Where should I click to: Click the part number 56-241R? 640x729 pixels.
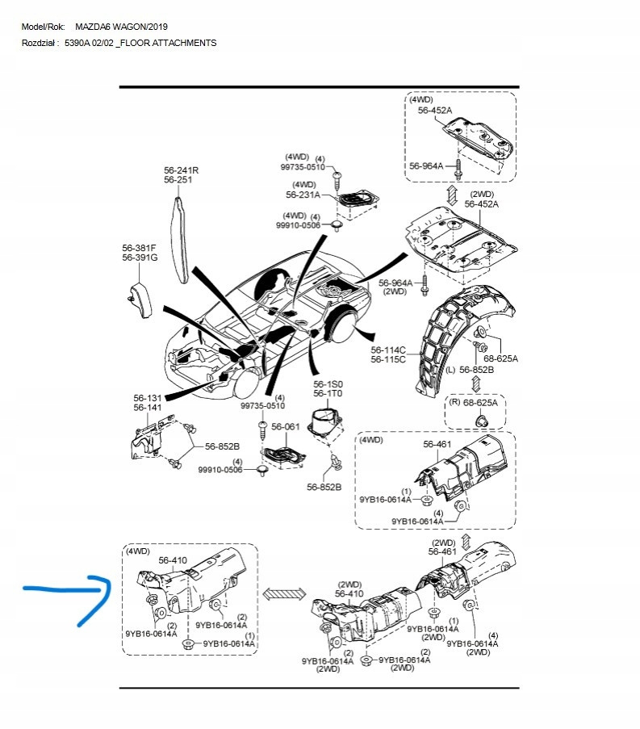tap(182, 170)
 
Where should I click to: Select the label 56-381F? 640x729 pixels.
tap(139, 249)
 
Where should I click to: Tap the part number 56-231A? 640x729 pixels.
tap(303, 195)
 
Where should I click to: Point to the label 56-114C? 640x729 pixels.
tap(388, 350)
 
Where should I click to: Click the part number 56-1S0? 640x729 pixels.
tap(328, 384)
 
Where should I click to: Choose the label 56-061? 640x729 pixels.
tap(286, 426)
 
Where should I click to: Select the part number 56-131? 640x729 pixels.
tap(148, 398)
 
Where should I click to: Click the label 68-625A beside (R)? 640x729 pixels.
tap(480, 403)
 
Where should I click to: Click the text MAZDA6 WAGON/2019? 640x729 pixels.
tap(121, 27)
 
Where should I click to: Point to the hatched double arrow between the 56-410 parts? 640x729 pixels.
tap(284, 593)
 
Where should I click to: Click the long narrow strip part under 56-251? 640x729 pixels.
tap(180, 240)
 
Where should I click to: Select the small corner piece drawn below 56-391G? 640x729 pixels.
tap(140, 299)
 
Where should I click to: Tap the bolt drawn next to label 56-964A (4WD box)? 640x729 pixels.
tap(458, 170)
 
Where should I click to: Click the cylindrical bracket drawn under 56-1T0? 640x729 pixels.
tap(327, 423)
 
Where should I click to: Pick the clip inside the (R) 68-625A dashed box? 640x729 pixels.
tap(480, 421)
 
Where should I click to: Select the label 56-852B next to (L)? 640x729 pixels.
tap(476, 370)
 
